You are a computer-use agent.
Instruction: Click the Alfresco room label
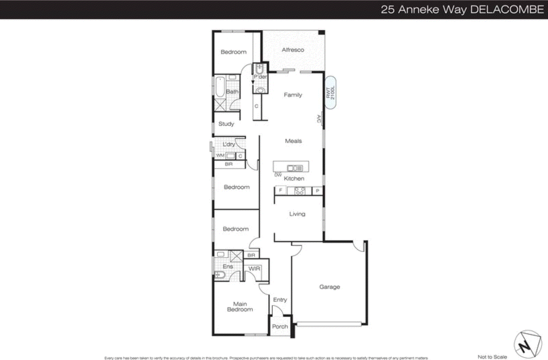(293, 50)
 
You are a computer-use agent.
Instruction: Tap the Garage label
(329, 287)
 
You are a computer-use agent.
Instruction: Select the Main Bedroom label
(240, 307)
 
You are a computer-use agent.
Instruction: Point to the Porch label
(280, 326)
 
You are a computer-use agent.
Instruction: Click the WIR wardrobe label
(254, 269)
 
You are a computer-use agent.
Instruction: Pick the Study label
(226, 124)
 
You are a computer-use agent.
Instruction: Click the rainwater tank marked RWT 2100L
(330, 93)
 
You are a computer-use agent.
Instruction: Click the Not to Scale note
(492, 357)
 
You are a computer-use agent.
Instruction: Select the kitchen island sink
(295, 168)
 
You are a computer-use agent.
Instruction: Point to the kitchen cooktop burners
(300, 191)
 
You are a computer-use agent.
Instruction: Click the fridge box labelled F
(281, 190)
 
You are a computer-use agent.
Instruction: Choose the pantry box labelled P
(317, 191)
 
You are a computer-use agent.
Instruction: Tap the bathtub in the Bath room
(220, 87)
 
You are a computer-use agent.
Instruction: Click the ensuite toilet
(219, 274)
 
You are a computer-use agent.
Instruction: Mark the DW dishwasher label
(278, 175)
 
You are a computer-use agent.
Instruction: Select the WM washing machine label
(220, 156)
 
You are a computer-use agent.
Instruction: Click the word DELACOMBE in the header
(507, 10)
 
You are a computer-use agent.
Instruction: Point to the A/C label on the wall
(319, 119)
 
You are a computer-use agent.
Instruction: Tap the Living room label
(297, 214)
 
